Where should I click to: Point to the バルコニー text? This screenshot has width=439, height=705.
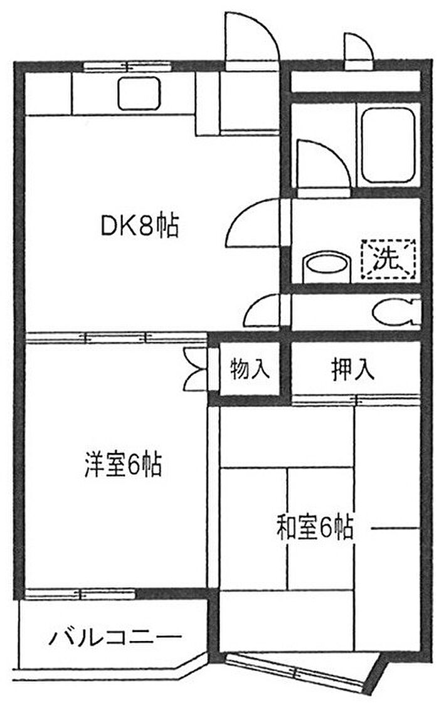pos(115,637)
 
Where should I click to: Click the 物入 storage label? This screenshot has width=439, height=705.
pos(250,369)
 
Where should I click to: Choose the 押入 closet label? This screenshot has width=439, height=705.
pos(352,369)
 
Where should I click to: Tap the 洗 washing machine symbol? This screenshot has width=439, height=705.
pos(388,260)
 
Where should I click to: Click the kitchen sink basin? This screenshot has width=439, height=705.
pos(139,93)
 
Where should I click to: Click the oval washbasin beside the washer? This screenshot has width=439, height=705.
pos(326,266)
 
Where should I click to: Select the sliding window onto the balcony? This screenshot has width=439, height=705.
pos(80,594)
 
